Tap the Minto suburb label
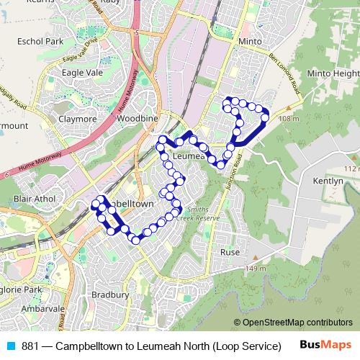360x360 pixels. pos(249,42)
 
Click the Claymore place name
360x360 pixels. pos(77,119)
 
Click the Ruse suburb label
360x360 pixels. pos(230,253)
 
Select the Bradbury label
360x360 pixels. pos(110,294)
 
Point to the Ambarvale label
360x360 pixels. pos(42,307)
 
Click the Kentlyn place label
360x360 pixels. pos(328,181)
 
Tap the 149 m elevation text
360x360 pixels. pos(256,269)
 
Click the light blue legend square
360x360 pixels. pos(11,346)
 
